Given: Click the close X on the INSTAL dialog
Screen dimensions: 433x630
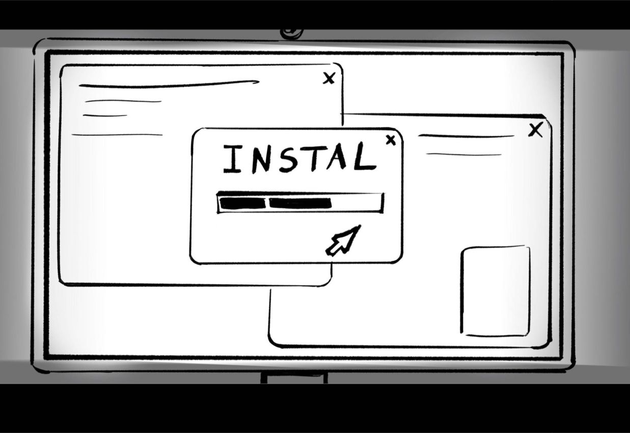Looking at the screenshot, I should tap(391, 140).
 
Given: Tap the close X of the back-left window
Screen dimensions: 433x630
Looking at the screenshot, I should tap(330, 78).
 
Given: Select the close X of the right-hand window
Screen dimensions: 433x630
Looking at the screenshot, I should tap(535, 130).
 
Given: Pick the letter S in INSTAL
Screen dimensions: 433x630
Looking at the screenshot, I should tap(288, 159).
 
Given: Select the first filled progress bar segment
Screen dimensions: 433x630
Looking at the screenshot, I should tap(242, 203).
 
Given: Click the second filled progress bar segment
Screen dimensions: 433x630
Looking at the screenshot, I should tap(300, 203).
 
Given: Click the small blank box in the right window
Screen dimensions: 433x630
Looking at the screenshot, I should tap(496, 291).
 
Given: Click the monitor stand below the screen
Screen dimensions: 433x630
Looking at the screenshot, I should tap(294, 377).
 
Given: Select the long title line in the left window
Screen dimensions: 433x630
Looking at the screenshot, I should tap(168, 84).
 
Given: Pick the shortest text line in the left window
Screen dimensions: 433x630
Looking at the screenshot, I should tap(105, 116).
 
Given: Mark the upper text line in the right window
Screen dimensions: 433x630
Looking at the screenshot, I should tap(466, 136).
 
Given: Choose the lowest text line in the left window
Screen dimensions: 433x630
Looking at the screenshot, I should tap(117, 135).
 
